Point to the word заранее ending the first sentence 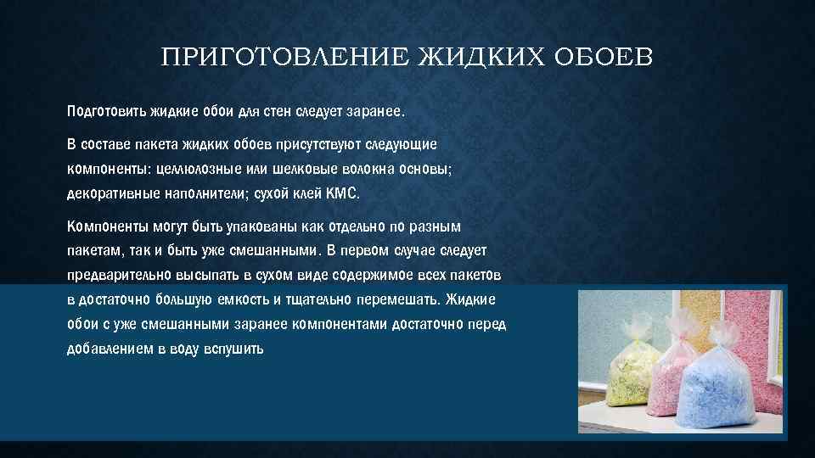[374, 111]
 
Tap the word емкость [267, 300]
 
